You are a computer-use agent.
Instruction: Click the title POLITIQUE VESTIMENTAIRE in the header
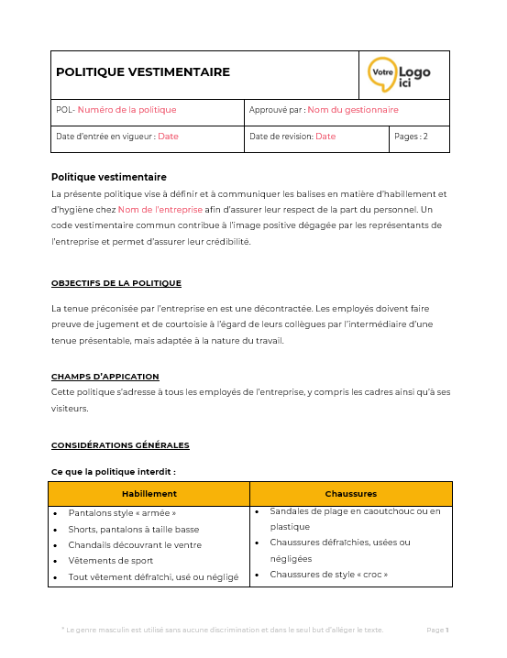coord(143,72)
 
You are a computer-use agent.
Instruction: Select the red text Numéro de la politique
coord(127,110)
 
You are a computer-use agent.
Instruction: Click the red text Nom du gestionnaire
coord(352,110)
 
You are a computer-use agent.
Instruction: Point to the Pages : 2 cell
coord(411,137)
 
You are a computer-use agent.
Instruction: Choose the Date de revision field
coord(292,137)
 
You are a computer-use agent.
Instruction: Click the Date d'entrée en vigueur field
coord(116,137)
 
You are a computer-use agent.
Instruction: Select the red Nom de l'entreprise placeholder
coord(160,209)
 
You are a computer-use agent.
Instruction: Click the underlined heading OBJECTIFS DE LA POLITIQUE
coord(116,283)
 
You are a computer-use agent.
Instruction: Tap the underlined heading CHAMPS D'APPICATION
coord(105,377)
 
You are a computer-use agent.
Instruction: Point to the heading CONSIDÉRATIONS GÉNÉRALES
coord(120,445)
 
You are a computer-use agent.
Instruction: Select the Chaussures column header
coord(350,494)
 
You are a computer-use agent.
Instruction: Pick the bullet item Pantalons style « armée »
coord(122,513)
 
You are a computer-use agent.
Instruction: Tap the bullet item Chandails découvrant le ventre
coord(134,544)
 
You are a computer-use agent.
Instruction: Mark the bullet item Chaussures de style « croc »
coord(328,575)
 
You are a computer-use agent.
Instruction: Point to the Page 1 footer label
coord(437,630)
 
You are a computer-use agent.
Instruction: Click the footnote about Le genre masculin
coord(222,630)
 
